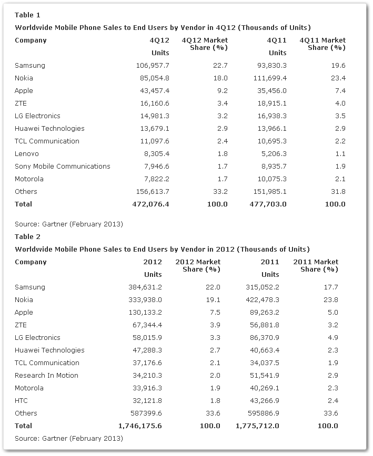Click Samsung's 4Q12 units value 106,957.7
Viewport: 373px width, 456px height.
coord(153,66)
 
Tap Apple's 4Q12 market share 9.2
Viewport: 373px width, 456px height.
coord(223,91)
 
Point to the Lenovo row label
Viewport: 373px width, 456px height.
coord(26,153)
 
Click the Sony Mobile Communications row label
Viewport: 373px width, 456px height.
coord(62,166)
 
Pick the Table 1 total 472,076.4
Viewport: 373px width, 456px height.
coord(150,204)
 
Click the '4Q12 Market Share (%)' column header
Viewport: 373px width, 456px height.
coord(205,44)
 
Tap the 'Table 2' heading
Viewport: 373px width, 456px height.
coord(27,237)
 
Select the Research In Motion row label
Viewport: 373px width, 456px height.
coord(46,376)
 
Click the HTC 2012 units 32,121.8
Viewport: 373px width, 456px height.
coord(147,400)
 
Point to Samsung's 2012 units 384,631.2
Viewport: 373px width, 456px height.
coord(145,287)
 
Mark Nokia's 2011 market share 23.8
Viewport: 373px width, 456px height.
coord(331,300)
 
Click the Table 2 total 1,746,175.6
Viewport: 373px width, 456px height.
coord(140,426)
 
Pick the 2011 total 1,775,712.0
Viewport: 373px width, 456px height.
coord(257,426)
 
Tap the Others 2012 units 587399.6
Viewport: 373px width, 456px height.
coord(145,413)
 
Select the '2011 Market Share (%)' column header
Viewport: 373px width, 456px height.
coord(316,265)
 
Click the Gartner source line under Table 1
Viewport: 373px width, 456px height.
coord(69,224)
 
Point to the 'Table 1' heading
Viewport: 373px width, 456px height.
coord(27,15)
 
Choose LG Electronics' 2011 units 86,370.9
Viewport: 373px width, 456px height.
coord(265,338)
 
